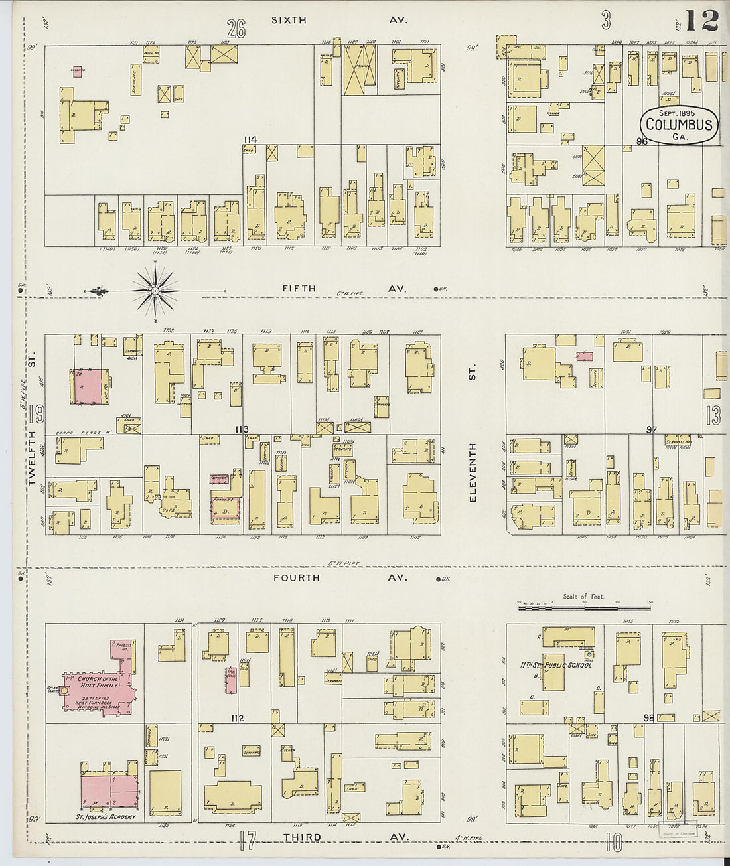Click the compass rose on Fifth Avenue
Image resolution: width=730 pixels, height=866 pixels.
pos(155,291)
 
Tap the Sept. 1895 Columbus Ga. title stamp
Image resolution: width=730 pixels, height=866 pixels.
pos(678,125)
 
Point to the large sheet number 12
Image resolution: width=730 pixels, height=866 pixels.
pos(702,21)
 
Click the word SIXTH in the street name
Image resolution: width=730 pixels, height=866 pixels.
pos(289,21)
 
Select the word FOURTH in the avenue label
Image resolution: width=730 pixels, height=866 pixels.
pos(297,578)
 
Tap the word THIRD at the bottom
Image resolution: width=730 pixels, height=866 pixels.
pos(302,837)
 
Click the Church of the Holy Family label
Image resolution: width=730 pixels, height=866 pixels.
pos(98,682)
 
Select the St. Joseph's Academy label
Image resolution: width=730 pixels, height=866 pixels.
pos(106,816)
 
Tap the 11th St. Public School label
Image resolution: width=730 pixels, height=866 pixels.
pos(556,664)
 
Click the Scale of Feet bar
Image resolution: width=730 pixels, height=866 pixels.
pos(585,606)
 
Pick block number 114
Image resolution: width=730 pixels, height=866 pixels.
pos(250,139)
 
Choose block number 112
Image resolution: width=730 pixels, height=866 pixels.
pos(238,719)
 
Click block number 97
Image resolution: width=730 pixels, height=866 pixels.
pos(652,430)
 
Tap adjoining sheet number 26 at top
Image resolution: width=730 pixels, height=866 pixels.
pos(236,29)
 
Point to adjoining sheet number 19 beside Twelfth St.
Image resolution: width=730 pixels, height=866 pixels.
pos(37,414)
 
